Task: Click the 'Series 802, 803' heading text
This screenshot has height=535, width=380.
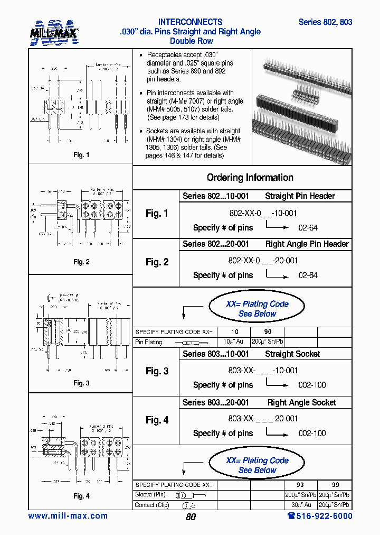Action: (x=325, y=22)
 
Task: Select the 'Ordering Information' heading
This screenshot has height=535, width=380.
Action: (x=250, y=178)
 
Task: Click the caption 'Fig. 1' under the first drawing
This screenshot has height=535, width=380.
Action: (x=81, y=155)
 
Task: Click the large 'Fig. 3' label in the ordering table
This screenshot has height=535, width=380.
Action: (x=157, y=371)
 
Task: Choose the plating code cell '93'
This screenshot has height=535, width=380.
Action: (x=301, y=485)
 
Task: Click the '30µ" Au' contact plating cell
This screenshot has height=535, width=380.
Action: (x=301, y=505)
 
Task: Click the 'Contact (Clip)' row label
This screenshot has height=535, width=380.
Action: (x=153, y=505)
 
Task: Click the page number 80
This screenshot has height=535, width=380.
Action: (x=191, y=517)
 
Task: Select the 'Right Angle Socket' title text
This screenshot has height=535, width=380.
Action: (x=301, y=402)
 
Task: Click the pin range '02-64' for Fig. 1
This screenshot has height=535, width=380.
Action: (x=308, y=228)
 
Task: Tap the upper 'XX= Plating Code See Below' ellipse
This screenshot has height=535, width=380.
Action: (x=257, y=309)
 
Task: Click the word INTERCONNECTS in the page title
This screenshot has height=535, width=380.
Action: (x=191, y=22)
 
